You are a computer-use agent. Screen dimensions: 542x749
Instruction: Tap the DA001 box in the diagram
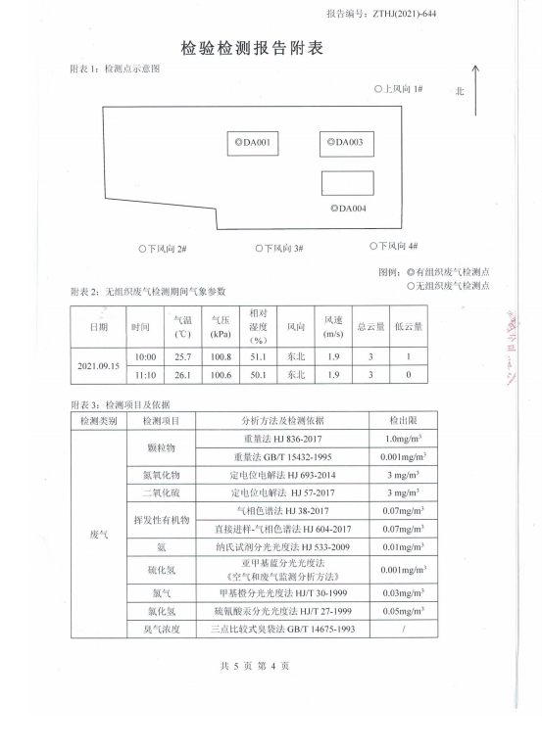click(x=252, y=143)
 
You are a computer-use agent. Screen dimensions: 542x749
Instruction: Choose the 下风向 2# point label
click(x=163, y=249)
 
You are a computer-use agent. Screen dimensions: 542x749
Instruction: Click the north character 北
click(x=459, y=91)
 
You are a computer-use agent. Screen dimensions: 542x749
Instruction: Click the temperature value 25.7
click(x=182, y=357)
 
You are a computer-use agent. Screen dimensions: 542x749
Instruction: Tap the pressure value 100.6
click(x=221, y=375)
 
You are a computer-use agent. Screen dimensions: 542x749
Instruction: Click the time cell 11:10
click(x=145, y=375)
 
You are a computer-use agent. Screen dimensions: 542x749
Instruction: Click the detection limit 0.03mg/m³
click(x=403, y=593)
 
